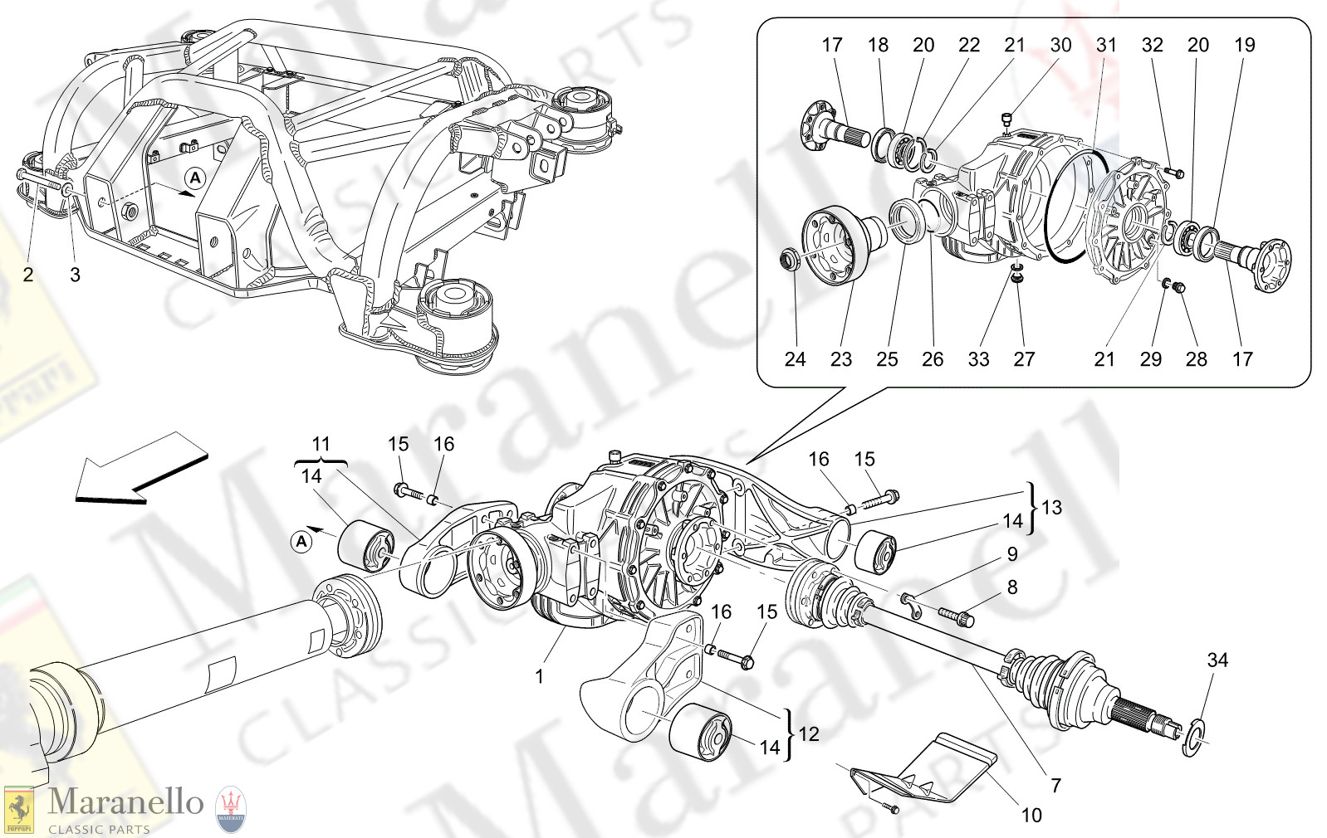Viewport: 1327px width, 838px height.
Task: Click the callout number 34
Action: pyautogui.click(x=1217, y=660)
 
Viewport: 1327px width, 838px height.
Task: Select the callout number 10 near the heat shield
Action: pyautogui.click(x=1031, y=816)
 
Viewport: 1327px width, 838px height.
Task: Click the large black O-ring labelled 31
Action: pyautogui.click(x=1071, y=207)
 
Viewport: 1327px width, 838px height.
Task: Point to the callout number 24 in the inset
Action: pyautogui.click(x=795, y=359)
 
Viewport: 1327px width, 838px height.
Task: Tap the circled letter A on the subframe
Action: pyautogui.click(x=194, y=178)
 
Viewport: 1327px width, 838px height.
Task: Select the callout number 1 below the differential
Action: pyautogui.click(x=539, y=677)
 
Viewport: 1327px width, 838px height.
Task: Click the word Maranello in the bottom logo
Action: pyautogui.click(x=125, y=802)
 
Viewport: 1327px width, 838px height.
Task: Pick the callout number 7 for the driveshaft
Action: pyautogui.click(x=1055, y=785)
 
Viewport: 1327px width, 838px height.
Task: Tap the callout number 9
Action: pyautogui.click(x=1012, y=554)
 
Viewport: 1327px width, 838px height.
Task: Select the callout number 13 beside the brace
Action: pyautogui.click(x=1051, y=508)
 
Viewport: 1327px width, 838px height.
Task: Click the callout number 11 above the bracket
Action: pyautogui.click(x=321, y=444)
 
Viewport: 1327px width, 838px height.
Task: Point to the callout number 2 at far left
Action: pyautogui.click(x=28, y=275)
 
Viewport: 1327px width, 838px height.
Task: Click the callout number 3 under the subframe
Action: pyautogui.click(x=75, y=275)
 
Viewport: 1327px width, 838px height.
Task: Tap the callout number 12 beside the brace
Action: pyautogui.click(x=808, y=734)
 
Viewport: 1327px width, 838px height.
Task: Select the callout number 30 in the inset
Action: pyautogui.click(x=1060, y=46)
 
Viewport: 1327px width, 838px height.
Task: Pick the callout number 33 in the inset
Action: pyautogui.click(x=978, y=359)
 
